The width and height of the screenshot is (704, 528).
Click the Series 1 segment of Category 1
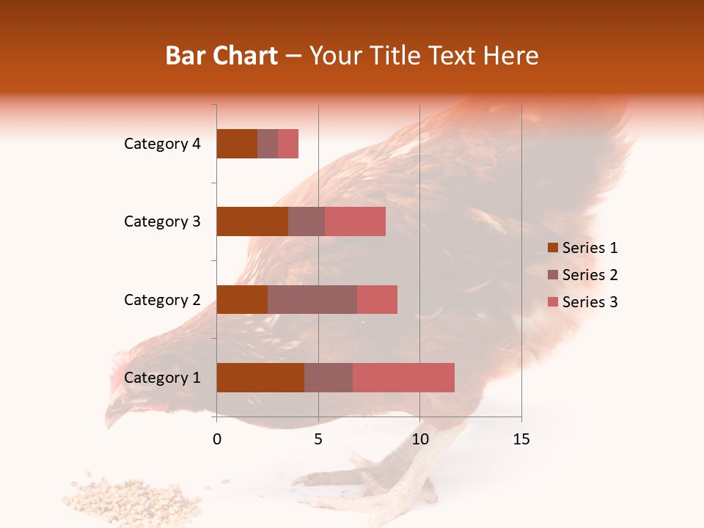pos(260,378)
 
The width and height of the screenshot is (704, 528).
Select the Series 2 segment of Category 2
pos(312,299)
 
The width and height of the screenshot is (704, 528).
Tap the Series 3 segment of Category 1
pos(403,378)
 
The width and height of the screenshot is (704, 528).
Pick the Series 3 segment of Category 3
pos(355,221)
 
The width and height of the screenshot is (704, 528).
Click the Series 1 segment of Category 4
pos(237,144)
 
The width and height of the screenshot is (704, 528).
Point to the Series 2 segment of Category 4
pos(268,144)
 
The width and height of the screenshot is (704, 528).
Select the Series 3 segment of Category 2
pos(377,299)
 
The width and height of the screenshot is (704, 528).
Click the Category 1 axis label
pos(162,378)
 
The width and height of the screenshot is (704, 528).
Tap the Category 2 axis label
pos(162,299)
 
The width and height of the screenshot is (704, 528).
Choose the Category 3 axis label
pos(162,221)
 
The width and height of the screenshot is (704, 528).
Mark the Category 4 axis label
pos(162,144)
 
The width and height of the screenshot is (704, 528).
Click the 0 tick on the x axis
pos(217,439)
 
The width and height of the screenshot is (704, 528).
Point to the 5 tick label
pos(318,439)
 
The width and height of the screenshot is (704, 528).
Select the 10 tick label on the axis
pos(419,439)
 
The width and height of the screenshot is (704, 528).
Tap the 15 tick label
pos(521,439)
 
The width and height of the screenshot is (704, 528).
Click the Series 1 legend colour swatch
pos(553,248)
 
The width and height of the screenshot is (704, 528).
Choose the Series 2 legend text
pos(590,275)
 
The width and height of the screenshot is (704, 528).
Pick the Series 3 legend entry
pos(583,302)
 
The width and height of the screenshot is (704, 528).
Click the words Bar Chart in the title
pos(221,56)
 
